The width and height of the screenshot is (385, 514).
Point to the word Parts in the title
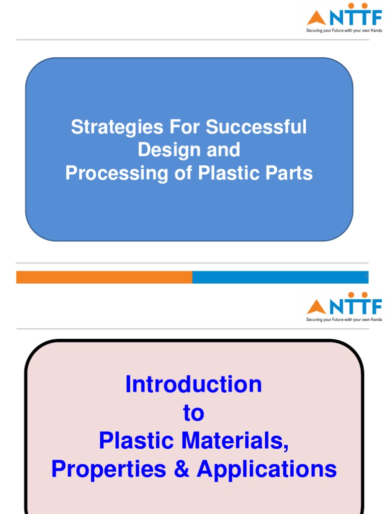click(290, 174)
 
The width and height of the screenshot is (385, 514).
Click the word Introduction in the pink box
click(194, 385)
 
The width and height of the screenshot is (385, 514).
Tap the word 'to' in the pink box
click(194, 414)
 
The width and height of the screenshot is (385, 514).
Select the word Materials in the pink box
click(236, 441)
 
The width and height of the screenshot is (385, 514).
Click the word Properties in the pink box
click(109, 469)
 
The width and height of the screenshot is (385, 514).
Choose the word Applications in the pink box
click(267, 469)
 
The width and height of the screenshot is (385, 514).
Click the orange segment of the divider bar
click(104, 277)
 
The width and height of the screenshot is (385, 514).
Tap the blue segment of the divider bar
click(280, 277)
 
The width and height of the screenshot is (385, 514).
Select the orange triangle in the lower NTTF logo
click(316, 307)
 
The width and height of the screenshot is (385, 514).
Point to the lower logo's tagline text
click(344, 320)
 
